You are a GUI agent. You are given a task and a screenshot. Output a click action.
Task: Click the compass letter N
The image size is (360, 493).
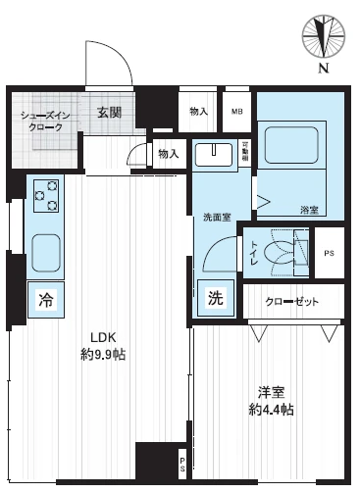pos(323,68)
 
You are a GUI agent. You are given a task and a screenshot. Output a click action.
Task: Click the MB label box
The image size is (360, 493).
pos(236,112)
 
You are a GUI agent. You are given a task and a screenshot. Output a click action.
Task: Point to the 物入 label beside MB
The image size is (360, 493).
pos(198,112)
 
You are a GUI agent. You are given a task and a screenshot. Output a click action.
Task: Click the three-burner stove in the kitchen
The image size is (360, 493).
pos(45,195)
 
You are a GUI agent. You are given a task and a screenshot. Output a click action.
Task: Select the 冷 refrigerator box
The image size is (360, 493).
pos(45,300)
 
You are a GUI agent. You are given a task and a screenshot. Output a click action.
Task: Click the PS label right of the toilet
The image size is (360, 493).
pos(329,254)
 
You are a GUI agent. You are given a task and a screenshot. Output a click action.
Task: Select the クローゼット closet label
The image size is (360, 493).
pos(292,301)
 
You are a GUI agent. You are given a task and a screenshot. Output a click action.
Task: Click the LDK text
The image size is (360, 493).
pos(104,337)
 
